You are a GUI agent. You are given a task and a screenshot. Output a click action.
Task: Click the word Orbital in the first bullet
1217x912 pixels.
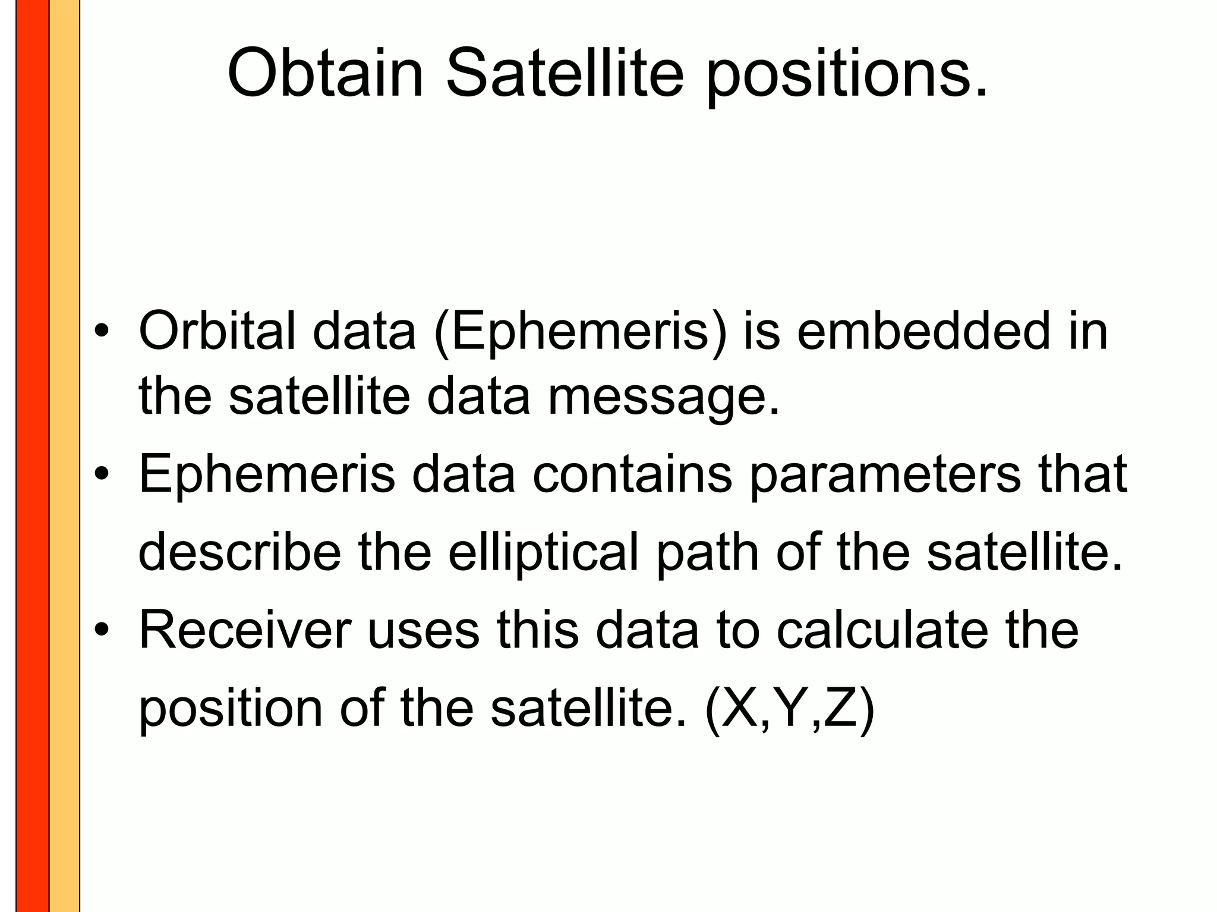click(217, 331)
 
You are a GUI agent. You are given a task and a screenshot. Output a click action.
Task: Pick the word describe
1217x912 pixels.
click(239, 552)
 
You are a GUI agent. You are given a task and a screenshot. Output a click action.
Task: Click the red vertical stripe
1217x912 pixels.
click(32, 456)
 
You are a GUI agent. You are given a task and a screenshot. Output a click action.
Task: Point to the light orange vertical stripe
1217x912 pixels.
click(64, 456)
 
